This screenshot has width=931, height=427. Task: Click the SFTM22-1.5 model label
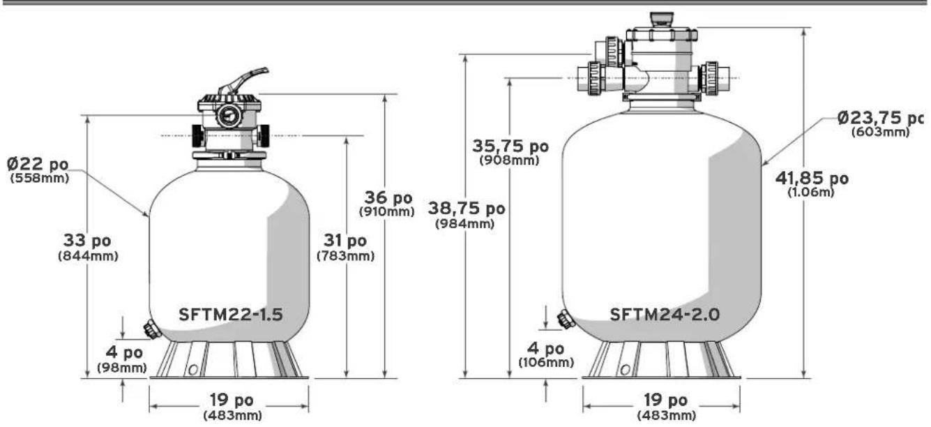(x=231, y=315)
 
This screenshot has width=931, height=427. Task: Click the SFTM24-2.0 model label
(x=665, y=315)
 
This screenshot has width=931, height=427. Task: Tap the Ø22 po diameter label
(x=38, y=164)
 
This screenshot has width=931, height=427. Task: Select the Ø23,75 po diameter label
(x=880, y=118)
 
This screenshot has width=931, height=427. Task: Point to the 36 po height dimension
(x=388, y=197)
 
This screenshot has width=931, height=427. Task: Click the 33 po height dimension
(x=87, y=240)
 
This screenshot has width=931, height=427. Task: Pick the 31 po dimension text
(x=345, y=240)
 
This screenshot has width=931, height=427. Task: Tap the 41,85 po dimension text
(x=812, y=179)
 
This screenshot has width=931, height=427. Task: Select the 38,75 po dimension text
(x=467, y=209)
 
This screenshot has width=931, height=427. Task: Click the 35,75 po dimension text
(x=510, y=146)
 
